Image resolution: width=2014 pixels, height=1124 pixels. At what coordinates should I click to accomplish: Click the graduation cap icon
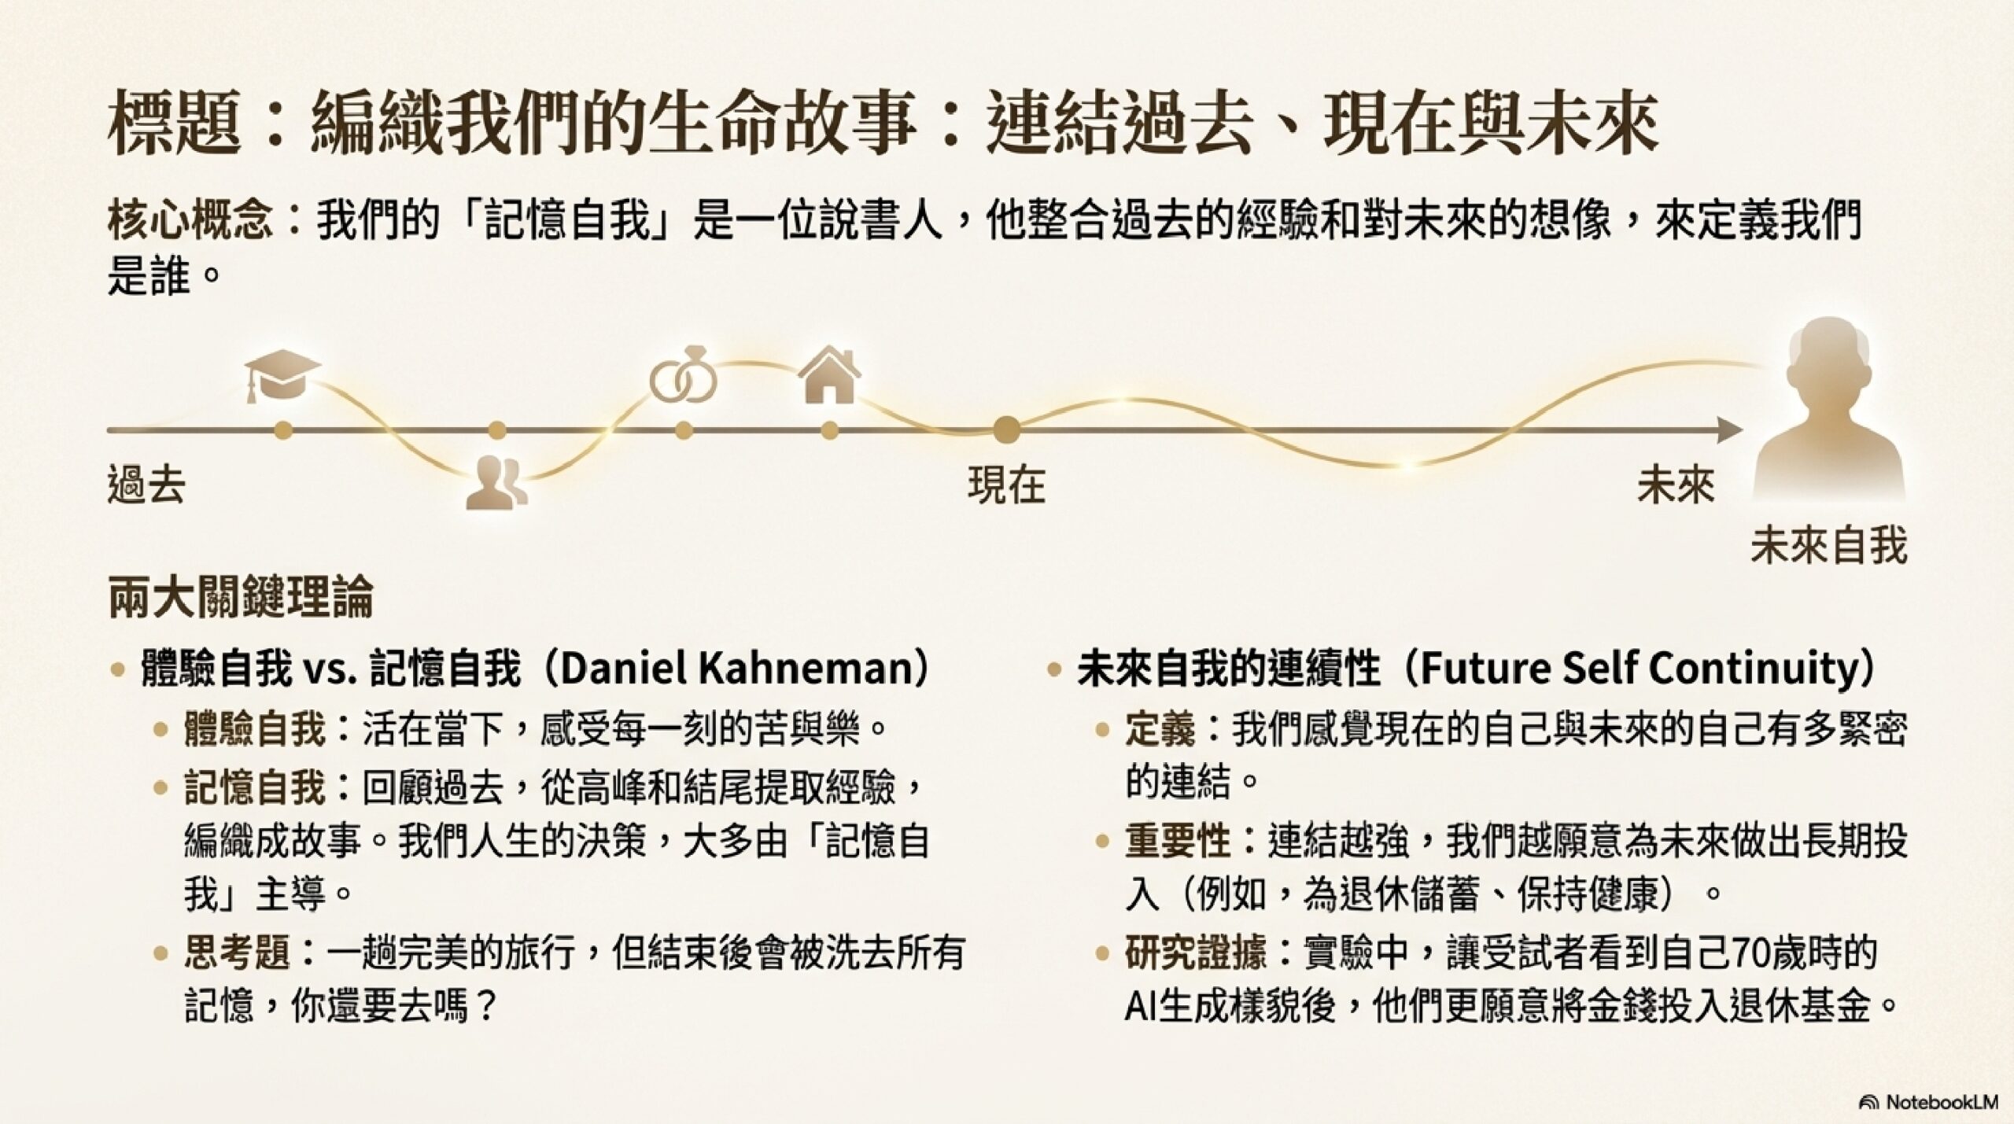click(282, 377)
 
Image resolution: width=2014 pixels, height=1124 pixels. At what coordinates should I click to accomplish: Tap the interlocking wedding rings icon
click(684, 377)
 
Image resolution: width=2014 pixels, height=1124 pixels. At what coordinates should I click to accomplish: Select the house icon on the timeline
click(829, 376)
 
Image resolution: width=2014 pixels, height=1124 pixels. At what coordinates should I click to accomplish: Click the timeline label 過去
click(146, 484)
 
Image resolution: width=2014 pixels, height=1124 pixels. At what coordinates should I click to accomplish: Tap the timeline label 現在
click(1006, 484)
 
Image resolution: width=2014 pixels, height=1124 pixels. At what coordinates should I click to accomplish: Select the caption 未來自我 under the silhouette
click(1829, 545)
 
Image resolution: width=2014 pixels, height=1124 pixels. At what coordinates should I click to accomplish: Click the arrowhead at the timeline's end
click(1730, 430)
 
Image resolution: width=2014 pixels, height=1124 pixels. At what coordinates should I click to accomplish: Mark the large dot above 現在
click(1006, 430)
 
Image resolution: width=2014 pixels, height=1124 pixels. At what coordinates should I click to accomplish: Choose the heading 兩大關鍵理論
click(240, 598)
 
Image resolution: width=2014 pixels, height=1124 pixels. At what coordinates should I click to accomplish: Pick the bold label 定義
click(1160, 730)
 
